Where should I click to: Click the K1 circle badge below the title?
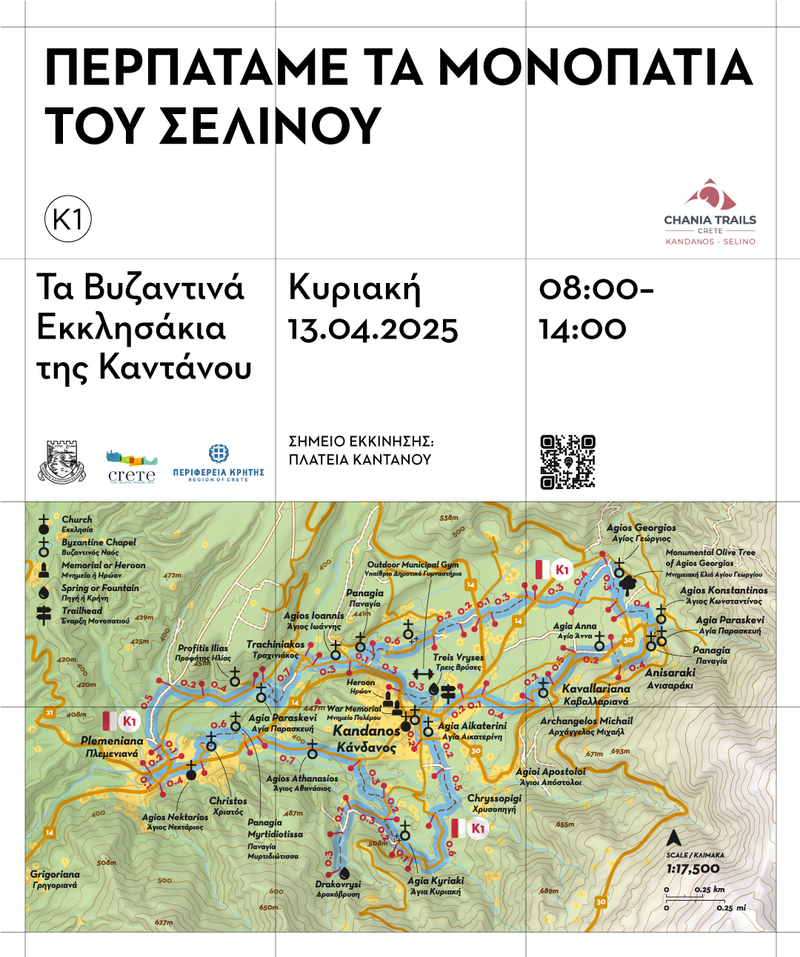(x=68, y=219)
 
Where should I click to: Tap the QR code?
(x=567, y=462)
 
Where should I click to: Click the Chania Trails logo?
(x=710, y=211)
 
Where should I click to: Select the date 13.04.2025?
(x=373, y=330)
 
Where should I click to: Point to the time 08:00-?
(x=596, y=289)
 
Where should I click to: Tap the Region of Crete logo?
(x=219, y=464)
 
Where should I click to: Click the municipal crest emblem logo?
(x=62, y=462)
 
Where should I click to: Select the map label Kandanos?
(x=366, y=731)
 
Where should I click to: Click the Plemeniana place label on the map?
(x=112, y=741)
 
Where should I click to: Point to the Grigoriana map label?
(x=55, y=875)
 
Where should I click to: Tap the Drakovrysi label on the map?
(x=338, y=884)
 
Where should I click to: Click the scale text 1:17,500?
(x=693, y=869)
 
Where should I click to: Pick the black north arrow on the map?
(x=673, y=838)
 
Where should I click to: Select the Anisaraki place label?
(x=670, y=673)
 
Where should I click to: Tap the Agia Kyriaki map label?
(x=436, y=881)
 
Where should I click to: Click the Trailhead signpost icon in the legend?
(x=44, y=614)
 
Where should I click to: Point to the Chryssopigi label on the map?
(x=494, y=798)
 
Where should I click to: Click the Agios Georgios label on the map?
(x=641, y=527)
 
